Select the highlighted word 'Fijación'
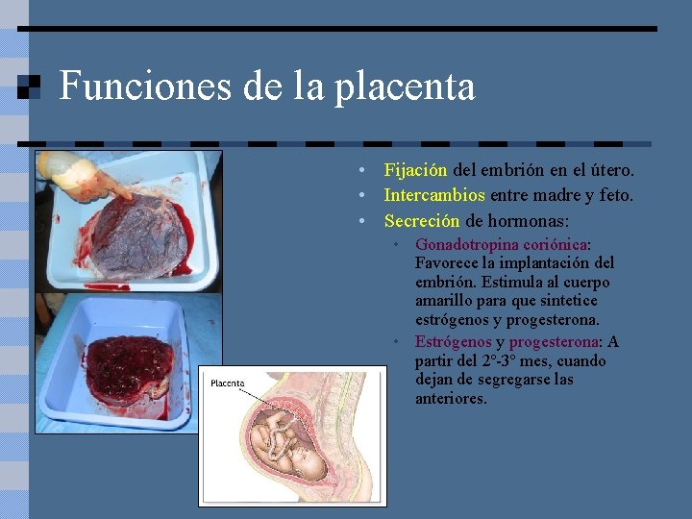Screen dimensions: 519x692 pos(415,170)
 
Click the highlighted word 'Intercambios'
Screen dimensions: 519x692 pos(434,195)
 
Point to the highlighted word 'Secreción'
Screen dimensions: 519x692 pos(422,220)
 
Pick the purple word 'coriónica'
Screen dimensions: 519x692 pos(556,245)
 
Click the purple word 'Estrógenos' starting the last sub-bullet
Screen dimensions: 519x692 pos(453,341)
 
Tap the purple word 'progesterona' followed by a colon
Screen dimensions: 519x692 pos(554,341)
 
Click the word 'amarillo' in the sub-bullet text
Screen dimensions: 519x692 pos(444,301)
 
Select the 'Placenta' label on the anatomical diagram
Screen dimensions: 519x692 pos(227,383)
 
